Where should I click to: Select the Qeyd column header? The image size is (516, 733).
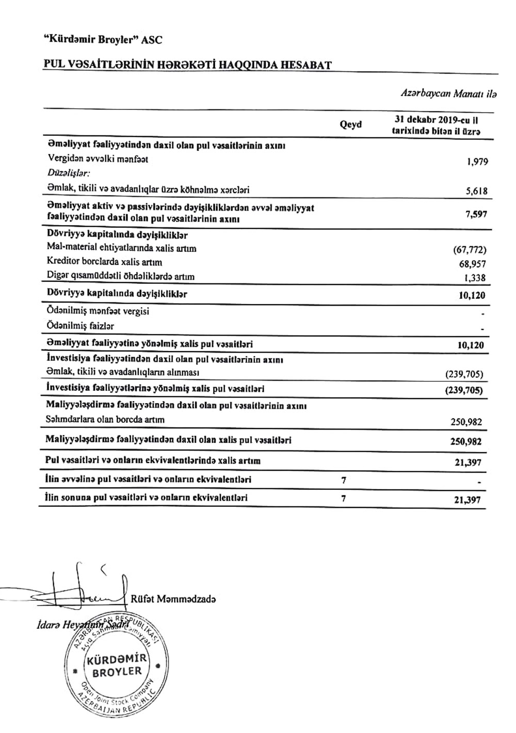351,124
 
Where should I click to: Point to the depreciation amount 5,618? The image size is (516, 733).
476,191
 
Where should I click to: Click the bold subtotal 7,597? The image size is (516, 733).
476,214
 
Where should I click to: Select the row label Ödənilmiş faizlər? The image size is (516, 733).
80,326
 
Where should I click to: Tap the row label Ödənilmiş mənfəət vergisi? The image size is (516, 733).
98,312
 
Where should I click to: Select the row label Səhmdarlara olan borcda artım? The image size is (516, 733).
105,420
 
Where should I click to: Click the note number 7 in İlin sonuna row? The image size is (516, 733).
344,498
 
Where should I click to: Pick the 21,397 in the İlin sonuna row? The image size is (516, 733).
469,500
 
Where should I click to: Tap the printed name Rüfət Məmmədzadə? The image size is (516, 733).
173,599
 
